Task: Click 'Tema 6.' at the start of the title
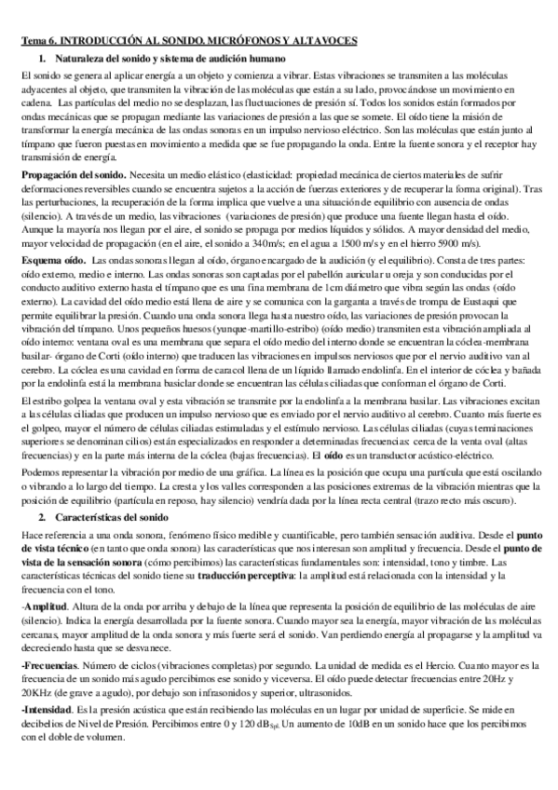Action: pos(39,43)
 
